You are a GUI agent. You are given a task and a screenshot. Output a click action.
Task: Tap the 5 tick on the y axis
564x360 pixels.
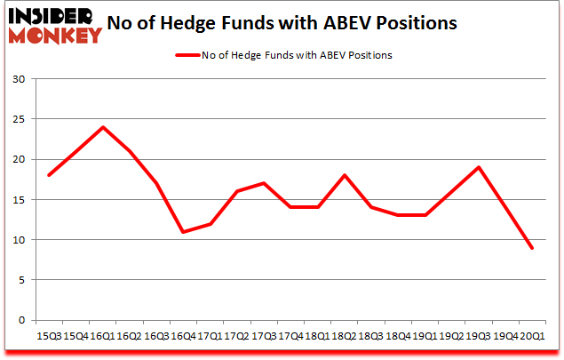(20, 280)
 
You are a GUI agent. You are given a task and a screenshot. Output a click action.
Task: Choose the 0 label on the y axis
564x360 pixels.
(20, 320)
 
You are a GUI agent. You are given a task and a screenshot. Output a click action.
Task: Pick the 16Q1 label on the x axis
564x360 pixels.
(103, 336)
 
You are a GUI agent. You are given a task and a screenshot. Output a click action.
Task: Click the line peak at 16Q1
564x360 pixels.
(103, 127)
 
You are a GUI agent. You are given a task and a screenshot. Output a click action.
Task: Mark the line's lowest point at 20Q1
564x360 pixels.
(532, 248)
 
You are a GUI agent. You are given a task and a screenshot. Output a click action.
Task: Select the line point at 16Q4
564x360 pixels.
(183, 232)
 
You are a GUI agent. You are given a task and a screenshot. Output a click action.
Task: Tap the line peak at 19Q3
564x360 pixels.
(479, 167)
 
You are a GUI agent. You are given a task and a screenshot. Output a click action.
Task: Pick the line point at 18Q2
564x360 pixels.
(345, 175)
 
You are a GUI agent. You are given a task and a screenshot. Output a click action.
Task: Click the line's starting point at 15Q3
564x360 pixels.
(49, 175)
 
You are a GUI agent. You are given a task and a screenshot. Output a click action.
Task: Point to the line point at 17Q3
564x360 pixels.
(264, 183)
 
